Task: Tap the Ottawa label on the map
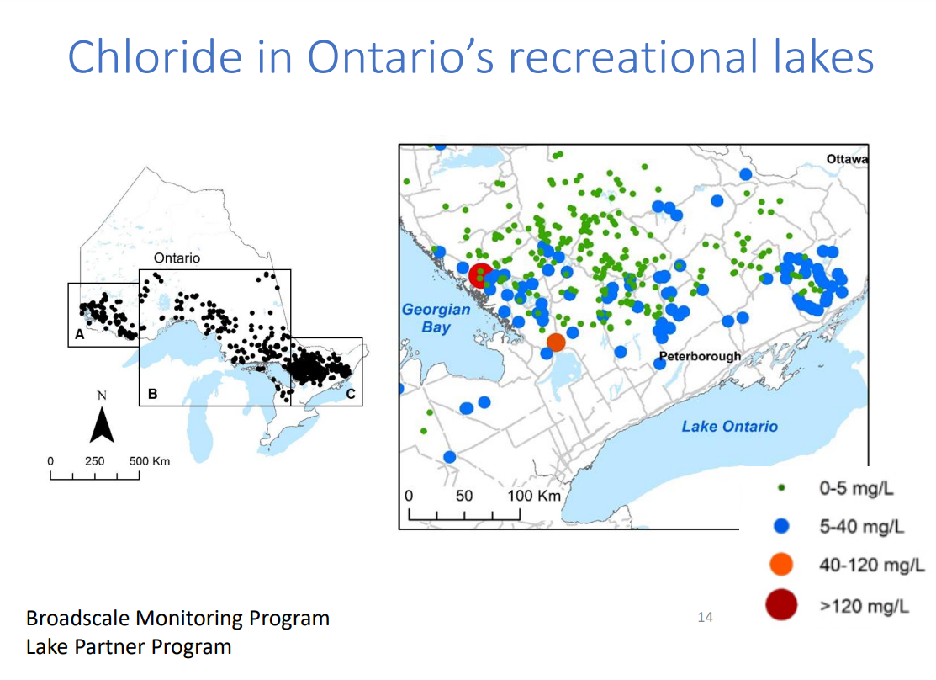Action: click(847, 159)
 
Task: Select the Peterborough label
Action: click(700, 356)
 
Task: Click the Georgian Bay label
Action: click(436, 318)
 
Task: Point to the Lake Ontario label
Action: click(729, 427)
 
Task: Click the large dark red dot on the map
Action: click(481, 275)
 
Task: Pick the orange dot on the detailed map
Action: click(556, 343)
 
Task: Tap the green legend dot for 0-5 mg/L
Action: click(783, 487)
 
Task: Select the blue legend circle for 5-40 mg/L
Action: click(782, 526)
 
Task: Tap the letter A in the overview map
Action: click(79, 334)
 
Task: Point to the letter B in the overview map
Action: click(152, 394)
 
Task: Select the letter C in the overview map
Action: click(350, 394)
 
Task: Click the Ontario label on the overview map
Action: click(177, 258)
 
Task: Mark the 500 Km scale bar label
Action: click(150, 461)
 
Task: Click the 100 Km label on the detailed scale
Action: click(533, 495)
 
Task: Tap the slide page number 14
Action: click(705, 618)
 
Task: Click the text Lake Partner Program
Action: click(128, 646)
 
